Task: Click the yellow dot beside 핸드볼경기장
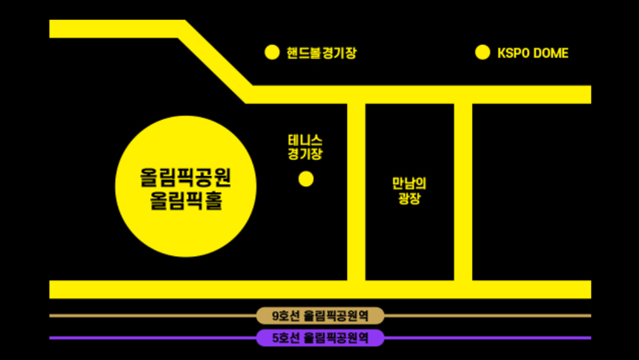pos(272,52)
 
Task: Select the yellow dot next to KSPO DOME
pos(483,52)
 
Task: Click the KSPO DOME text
pos(533,53)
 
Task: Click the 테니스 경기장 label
pos(305,147)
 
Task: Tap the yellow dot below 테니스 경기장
pos(306,179)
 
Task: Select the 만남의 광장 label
pos(409,192)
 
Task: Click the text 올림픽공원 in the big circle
pos(186,178)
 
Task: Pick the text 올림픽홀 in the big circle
pos(186,202)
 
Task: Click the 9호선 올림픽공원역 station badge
pos(320,316)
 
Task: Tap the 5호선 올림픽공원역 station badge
pos(320,338)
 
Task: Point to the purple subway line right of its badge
pos(488,338)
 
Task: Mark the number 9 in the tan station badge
pos(276,316)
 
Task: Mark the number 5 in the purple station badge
pos(276,338)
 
